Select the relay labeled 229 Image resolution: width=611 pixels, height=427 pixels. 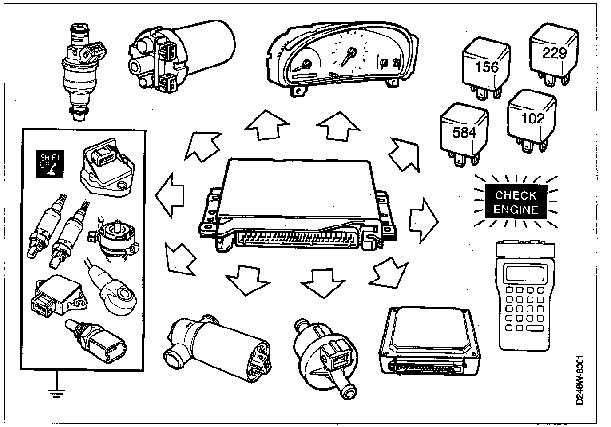click(553, 53)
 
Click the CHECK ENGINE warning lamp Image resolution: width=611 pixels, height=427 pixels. click(515, 202)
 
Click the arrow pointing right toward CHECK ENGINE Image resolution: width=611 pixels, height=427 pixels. click(423, 220)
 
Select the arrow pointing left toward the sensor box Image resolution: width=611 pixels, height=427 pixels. click(170, 195)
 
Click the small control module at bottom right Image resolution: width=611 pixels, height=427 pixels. click(429, 340)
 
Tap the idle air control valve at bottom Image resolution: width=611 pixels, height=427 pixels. click(218, 351)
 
